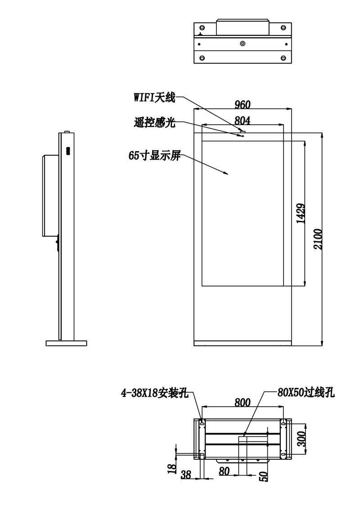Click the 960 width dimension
point(242,104)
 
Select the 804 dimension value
point(242,120)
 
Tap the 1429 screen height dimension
point(301,213)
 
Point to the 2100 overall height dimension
point(318,239)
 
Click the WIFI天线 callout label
point(155,97)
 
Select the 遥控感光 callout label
point(155,122)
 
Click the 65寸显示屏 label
point(154,156)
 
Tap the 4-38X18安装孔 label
point(155,393)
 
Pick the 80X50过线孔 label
point(306,393)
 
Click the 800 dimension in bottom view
point(243,402)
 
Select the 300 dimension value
point(301,439)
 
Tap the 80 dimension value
point(224,471)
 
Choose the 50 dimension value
point(264,476)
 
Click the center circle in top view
point(243,43)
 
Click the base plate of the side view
point(66,343)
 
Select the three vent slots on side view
point(68,151)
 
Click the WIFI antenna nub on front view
point(243,131)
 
